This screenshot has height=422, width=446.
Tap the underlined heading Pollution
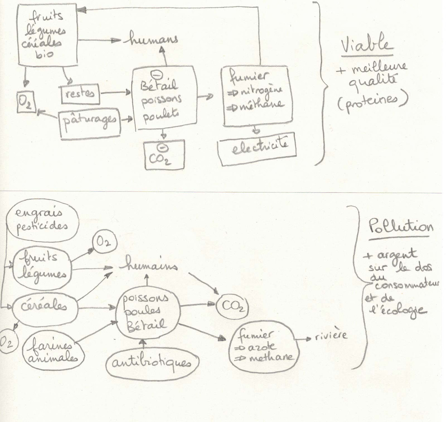tap(401, 227)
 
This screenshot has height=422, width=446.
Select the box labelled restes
tap(80, 94)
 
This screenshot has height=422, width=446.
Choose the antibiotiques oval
tap(152, 363)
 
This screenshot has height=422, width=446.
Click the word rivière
tap(331, 336)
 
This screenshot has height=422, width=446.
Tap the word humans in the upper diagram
tap(153, 39)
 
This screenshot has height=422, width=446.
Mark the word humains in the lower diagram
tap(148, 266)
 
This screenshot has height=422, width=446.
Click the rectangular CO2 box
tap(164, 155)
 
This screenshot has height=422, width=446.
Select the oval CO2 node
tap(231, 307)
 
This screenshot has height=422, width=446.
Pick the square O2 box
tap(25, 101)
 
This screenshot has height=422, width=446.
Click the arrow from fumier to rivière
tap(303, 339)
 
